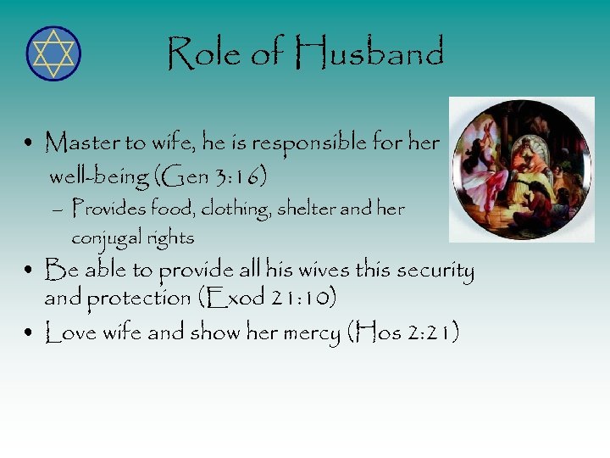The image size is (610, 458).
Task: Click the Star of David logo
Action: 53,53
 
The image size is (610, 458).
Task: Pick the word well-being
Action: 97,177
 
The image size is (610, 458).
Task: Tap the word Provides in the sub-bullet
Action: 107,209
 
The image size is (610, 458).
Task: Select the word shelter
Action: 304,209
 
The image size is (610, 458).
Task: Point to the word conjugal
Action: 105,238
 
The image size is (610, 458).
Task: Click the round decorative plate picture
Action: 521,170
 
